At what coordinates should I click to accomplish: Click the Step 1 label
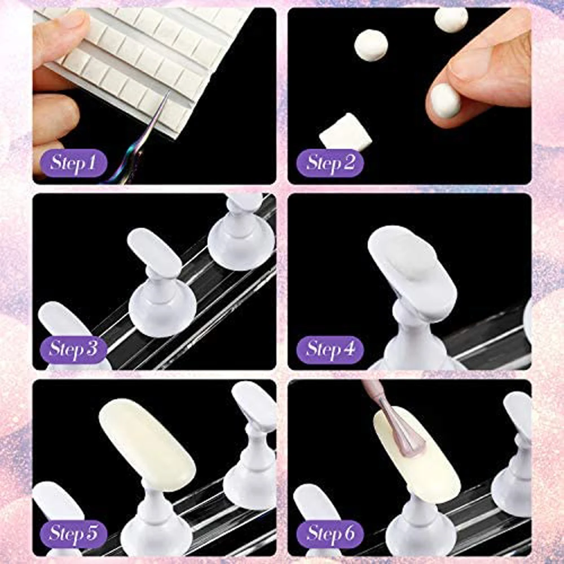click(x=72, y=163)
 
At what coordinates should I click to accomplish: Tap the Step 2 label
click(x=330, y=163)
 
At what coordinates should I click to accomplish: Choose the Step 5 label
click(x=72, y=532)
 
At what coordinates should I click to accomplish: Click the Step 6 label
click(x=330, y=532)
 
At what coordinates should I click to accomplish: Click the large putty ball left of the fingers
click(x=371, y=45)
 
